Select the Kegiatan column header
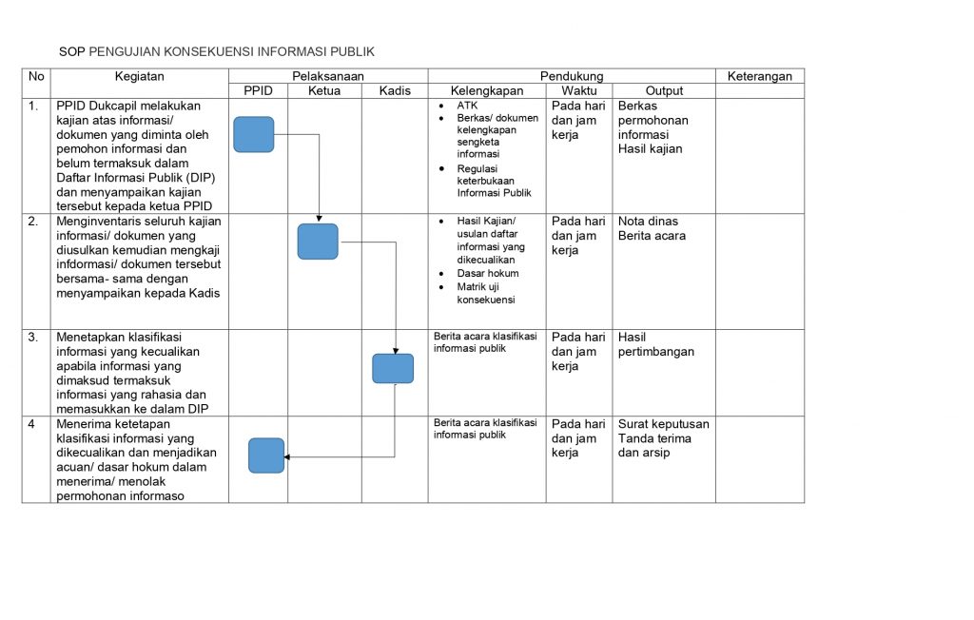(140, 76)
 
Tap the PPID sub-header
(258, 91)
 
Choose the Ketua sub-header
(324, 91)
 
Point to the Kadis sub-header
(395, 91)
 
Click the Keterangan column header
(759, 76)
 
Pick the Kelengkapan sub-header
(486, 91)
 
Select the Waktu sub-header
(578, 91)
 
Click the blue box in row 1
(254, 135)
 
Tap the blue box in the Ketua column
(318, 242)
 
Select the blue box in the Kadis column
(393, 368)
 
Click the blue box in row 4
(266, 455)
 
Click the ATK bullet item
(467, 106)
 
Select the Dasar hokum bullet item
(488, 273)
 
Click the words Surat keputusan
(663, 424)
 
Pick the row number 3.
(33, 337)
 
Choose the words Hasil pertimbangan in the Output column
(655, 344)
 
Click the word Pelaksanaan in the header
(328, 76)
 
